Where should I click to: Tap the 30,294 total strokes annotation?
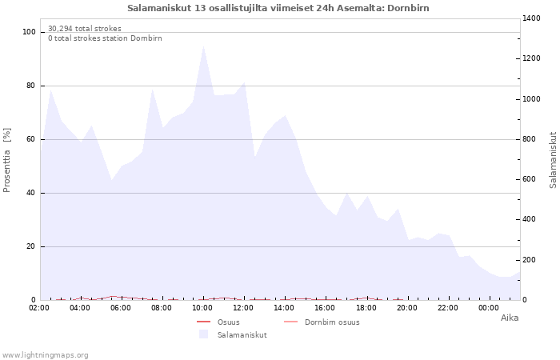click(x=85, y=29)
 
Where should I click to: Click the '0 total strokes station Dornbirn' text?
click(x=105, y=38)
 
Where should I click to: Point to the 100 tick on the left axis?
click(x=30, y=32)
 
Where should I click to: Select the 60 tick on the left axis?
click(x=31, y=139)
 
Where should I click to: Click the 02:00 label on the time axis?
click(x=39, y=308)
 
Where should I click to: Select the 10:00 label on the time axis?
click(x=203, y=308)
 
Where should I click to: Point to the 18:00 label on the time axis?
click(x=366, y=308)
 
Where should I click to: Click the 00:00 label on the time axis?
click(x=490, y=308)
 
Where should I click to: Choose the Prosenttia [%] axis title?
click(x=8, y=160)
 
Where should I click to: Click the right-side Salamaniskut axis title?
click(x=553, y=160)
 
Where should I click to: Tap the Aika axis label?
click(x=509, y=318)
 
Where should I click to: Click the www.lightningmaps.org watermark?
click(x=45, y=354)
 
